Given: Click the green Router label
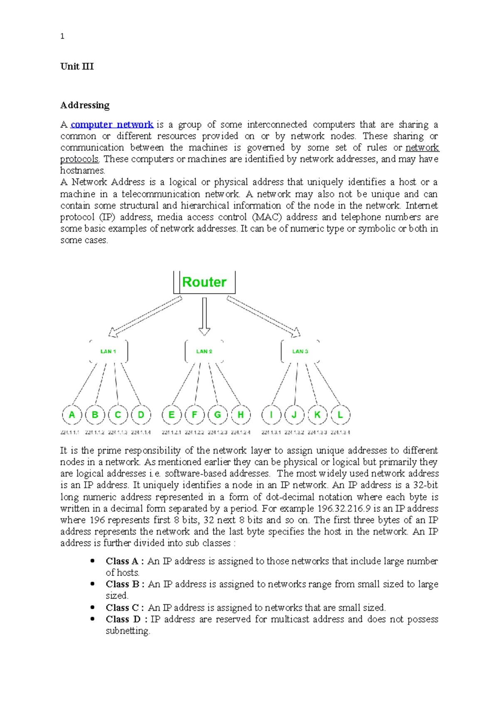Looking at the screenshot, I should click(204, 282).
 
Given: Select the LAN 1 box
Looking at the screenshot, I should click(109, 351).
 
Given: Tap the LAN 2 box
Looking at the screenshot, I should click(204, 351).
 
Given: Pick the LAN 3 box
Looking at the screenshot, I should click(300, 351).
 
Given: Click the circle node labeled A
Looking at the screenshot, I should click(72, 415).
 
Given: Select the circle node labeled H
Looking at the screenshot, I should click(241, 415).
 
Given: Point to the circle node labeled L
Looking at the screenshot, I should click(340, 415).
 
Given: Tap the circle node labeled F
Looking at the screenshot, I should click(194, 415).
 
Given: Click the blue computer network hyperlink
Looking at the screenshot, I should click(112, 124).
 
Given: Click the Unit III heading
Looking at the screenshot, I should click(77, 67).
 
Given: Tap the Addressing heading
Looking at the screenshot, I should click(85, 105).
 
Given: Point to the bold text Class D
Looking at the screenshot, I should click(123, 619).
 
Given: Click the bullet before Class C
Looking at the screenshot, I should click(92, 607).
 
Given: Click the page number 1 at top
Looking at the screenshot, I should click(62, 36).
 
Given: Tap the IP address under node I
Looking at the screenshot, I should click(271, 433).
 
